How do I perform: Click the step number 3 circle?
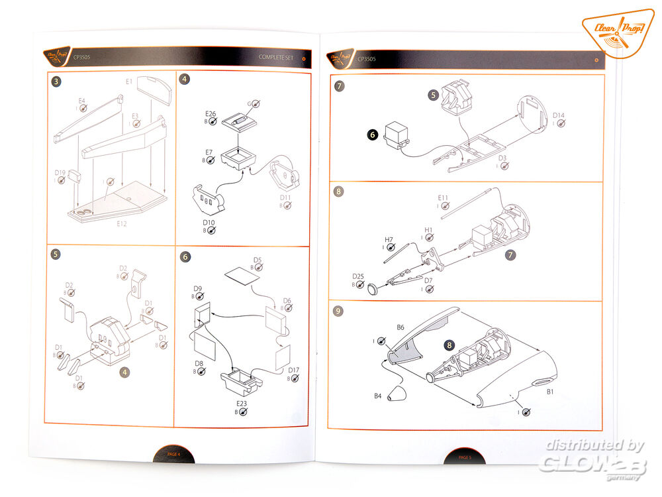tap(57, 81)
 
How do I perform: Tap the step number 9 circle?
tap(340, 311)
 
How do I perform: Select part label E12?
tap(122, 224)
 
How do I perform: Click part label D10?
tap(209, 223)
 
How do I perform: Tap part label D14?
tap(559, 116)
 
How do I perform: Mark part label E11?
tap(443, 198)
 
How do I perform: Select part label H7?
tap(389, 239)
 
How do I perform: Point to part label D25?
tap(358, 276)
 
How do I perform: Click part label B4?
tap(378, 396)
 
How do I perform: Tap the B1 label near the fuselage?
tap(549, 392)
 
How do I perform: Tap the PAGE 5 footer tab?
tap(464, 457)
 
